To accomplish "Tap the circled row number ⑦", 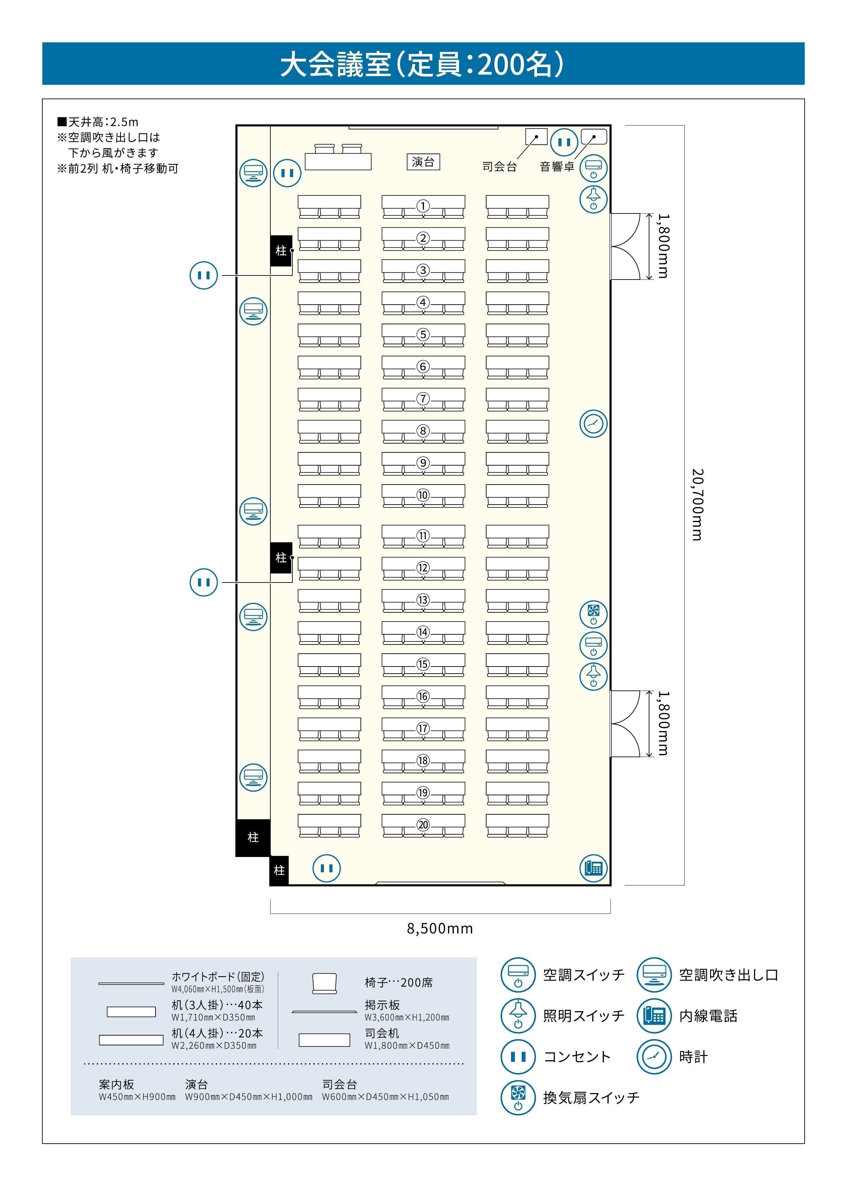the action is click(x=423, y=399).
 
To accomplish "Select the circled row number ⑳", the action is click(x=423, y=824).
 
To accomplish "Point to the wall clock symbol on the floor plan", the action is click(x=594, y=424).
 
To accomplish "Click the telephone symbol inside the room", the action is click(x=594, y=868).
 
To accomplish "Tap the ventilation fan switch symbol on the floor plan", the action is click(x=594, y=614).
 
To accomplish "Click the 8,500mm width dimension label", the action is click(x=440, y=928).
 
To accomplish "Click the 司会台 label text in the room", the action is click(x=499, y=167).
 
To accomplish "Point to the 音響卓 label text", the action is click(x=557, y=167).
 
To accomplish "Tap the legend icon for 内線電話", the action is click(x=654, y=1016).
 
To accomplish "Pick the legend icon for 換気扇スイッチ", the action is click(x=518, y=1098).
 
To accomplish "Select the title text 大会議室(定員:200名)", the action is click(x=422, y=64).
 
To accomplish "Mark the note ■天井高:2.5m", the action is click(x=98, y=122).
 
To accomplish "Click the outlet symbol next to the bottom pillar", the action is click(x=327, y=868).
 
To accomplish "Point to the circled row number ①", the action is click(x=423, y=206).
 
